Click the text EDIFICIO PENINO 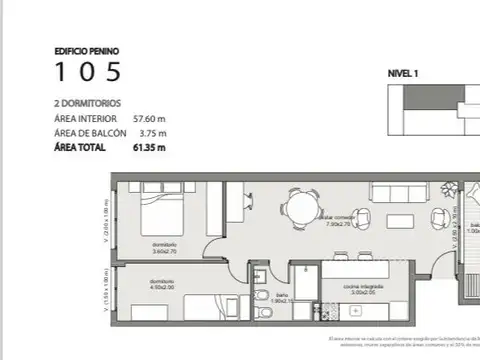[x=86, y=49]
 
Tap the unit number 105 [x=88, y=72]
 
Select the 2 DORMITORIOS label [x=89, y=103]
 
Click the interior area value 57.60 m [x=149, y=118]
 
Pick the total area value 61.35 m [x=148, y=148]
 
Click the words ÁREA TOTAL [x=81, y=148]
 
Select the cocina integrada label [x=338, y=287]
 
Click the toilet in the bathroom [x=261, y=298]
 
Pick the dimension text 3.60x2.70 [x=165, y=251]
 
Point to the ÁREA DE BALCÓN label [x=90, y=133]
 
